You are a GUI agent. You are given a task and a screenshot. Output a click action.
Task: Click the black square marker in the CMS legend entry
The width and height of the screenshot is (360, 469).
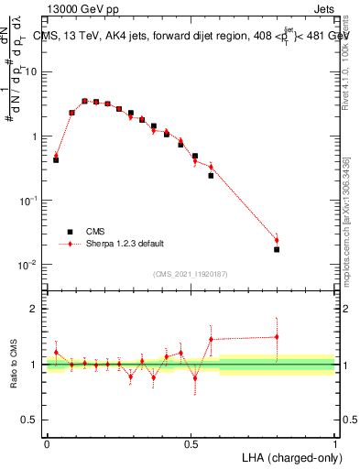(69, 232)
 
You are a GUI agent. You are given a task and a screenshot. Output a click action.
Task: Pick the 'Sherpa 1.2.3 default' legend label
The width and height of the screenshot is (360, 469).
(125, 244)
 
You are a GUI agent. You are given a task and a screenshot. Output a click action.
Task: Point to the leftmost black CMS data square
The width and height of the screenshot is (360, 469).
(56, 159)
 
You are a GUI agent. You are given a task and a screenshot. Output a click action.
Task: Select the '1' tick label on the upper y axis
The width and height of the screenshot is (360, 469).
(38, 136)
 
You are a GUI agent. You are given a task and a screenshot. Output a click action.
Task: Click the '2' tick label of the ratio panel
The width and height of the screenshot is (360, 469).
(38, 309)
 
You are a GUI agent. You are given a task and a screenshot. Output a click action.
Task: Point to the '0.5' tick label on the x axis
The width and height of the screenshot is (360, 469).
(191, 443)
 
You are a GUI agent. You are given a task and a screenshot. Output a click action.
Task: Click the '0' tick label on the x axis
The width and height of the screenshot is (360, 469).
(47, 443)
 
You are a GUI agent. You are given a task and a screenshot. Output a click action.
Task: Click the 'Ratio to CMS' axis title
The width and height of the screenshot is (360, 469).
(13, 364)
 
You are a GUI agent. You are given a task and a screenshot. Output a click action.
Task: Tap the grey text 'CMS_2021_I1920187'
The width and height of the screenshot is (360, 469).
(191, 273)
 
